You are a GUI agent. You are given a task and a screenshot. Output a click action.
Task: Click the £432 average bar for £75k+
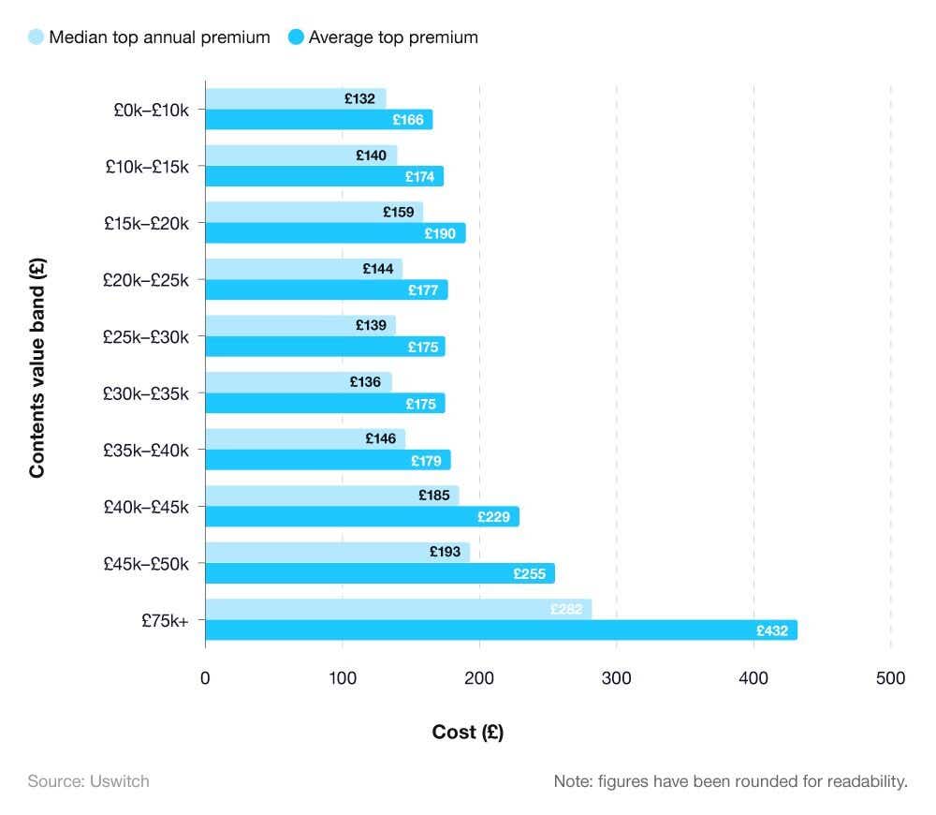501,630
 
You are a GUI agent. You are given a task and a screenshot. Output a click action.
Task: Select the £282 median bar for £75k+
398,609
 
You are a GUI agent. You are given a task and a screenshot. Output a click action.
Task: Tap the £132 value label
359,98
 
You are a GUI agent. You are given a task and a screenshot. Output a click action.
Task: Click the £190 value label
439,233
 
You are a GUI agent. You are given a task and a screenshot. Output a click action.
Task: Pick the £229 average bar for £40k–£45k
361,517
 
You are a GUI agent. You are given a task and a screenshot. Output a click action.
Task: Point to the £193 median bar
337,552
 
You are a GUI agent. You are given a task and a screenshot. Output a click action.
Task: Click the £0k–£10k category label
151,110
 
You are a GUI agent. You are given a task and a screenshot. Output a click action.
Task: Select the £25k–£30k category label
146,336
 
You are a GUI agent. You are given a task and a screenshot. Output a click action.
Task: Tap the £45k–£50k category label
146,563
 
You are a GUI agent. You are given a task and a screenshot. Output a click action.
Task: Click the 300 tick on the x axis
616,678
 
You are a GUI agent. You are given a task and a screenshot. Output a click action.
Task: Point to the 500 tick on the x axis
890,678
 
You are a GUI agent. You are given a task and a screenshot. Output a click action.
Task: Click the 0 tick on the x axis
205,678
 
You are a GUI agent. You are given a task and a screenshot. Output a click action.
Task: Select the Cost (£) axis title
467,733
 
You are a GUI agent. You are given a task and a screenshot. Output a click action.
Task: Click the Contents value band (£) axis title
37,368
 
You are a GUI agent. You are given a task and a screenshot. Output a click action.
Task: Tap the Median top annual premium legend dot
37,37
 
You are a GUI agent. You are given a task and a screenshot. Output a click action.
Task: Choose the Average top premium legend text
393,37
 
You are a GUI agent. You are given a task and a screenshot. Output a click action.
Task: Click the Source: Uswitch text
88,780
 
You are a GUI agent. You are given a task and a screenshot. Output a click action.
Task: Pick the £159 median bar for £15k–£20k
314,212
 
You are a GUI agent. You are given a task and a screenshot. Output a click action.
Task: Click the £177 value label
423,290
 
